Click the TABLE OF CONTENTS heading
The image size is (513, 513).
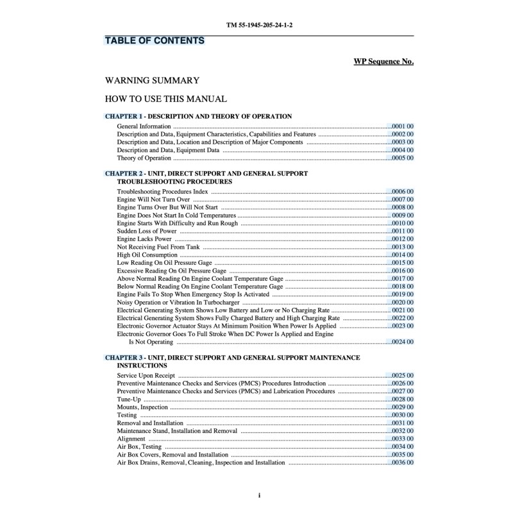pyautogui.click(x=155, y=41)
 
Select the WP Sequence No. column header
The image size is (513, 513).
pyautogui.click(x=383, y=62)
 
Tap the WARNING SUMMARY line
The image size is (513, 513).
pyautogui.click(x=152, y=81)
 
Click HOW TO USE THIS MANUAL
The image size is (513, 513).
pyautogui.click(x=165, y=99)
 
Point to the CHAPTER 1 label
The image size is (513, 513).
pyautogui.click(x=123, y=116)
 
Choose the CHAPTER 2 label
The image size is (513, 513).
pyautogui.click(x=123, y=173)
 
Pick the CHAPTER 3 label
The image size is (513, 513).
pyautogui.click(x=123, y=357)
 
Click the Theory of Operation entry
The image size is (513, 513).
pyautogui.click(x=144, y=158)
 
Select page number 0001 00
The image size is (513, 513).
pyautogui.click(x=403, y=126)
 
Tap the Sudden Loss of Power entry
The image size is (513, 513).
pyautogui.click(x=147, y=231)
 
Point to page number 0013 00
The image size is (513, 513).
pyautogui.click(x=403, y=247)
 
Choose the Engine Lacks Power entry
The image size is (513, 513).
pyautogui.click(x=144, y=239)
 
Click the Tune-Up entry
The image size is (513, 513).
pyautogui.click(x=129, y=399)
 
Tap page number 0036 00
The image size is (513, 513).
pyautogui.click(x=403, y=462)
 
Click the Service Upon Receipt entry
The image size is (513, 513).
pyautogui.click(x=146, y=375)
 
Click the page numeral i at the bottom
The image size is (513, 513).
pyautogui.click(x=258, y=495)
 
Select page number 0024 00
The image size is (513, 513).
pyautogui.click(x=403, y=342)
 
